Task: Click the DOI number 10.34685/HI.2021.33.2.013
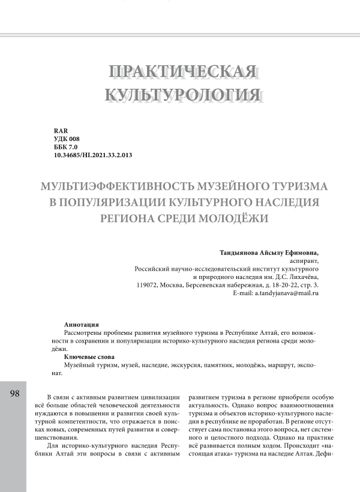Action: point(92,155)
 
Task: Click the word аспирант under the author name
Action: point(304,262)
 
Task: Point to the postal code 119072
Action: point(148,285)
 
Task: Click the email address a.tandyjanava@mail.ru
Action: point(287,293)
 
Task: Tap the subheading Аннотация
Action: point(82,324)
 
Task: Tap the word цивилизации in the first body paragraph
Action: point(158,397)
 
